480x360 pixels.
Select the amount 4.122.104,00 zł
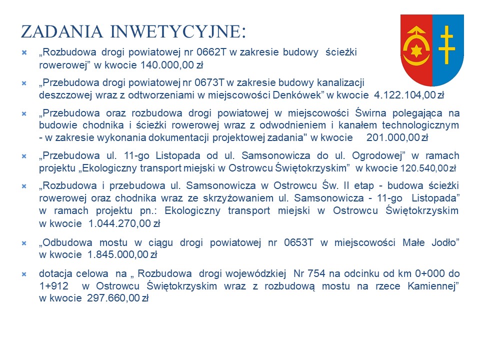[x=408, y=94]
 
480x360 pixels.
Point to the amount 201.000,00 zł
[x=397, y=137]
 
